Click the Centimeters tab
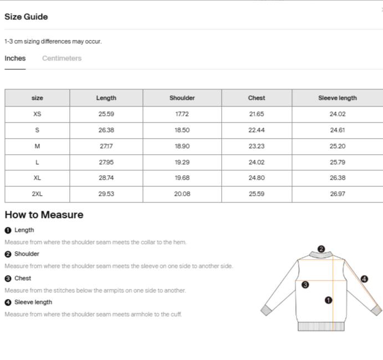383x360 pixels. click(62, 58)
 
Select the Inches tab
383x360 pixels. click(15, 58)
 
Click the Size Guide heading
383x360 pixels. click(26, 17)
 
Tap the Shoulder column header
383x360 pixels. click(182, 98)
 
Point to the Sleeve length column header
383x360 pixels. click(337, 98)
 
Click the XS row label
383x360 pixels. click(37, 114)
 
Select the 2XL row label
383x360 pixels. click(37, 194)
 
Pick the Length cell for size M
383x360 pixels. click(106, 146)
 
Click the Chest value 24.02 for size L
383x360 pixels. click(256, 163)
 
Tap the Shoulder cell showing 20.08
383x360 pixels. click(182, 194)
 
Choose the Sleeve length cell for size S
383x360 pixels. click(337, 130)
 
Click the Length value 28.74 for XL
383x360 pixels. click(106, 178)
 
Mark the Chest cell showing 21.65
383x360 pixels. click(256, 114)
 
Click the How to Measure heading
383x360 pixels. click(44, 215)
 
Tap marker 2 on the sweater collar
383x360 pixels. click(321, 249)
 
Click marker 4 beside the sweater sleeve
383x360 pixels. click(364, 279)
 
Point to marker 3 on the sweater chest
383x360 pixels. click(305, 285)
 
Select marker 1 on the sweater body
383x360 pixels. click(328, 300)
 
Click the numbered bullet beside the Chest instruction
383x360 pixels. click(8, 278)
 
